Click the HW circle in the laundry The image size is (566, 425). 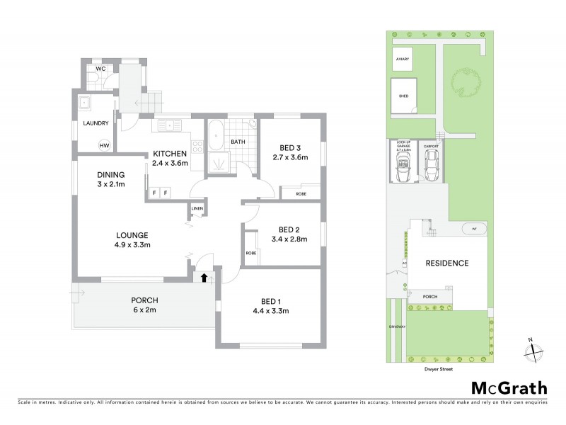[104, 145]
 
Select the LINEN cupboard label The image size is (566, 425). [197, 209]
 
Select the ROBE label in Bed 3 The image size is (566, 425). [300, 193]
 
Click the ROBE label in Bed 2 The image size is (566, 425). [250, 253]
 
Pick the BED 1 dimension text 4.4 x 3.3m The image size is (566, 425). [272, 310]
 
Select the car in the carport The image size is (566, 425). [431, 165]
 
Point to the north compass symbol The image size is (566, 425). [531, 349]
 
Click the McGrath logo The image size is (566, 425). [509, 387]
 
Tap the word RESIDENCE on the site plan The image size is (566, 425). [446, 263]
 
